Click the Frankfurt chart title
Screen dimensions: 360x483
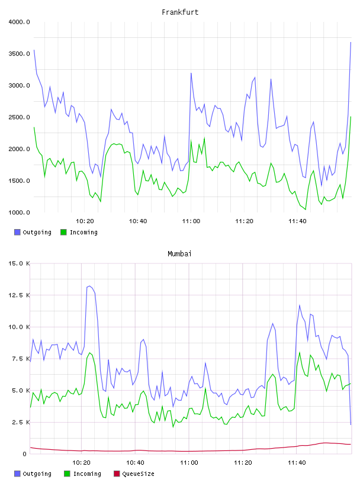pyautogui.click(x=180, y=12)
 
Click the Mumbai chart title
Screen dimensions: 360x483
pyautogui.click(x=179, y=253)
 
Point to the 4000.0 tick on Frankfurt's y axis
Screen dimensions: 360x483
pyautogui.click(x=19, y=22)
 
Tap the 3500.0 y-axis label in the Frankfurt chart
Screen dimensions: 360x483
pyautogui.click(x=19, y=54)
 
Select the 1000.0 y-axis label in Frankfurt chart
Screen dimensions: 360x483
pyautogui.click(x=19, y=212)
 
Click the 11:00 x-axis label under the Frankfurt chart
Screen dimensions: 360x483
pyautogui.click(x=191, y=221)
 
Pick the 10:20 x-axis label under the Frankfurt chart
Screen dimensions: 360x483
pyautogui.click(x=85, y=221)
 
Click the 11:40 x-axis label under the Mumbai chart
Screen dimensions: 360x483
pyautogui.click(x=297, y=462)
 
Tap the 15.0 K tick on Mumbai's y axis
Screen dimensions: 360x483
pyautogui.click(x=19, y=263)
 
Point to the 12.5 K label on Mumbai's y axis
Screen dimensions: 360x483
pyautogui.click(x=19, y=295)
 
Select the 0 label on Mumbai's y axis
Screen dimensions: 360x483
pyautogui.click(x=24, y=454)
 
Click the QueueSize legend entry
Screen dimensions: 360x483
pyautogui.click(x=134, y=474)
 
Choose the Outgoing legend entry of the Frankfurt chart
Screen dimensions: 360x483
pyautogui.click(x=33, y=232)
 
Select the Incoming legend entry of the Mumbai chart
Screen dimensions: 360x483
pyautogui.click(x=83, y=474)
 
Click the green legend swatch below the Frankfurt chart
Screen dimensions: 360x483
pyautogui.click(x=63, y=232)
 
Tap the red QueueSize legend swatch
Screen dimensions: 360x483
pyautogui.click(x=117, y=474)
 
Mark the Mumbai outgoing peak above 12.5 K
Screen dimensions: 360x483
pyautogui.click(x=89, y=286)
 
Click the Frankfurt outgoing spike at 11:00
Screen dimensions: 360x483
pyautogui.click(x=191, y=73)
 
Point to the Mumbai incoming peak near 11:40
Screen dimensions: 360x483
pyautogui.click(x=299, y=352)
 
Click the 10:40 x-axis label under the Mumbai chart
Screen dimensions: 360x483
pyautogui.click(x=136, y=462)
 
